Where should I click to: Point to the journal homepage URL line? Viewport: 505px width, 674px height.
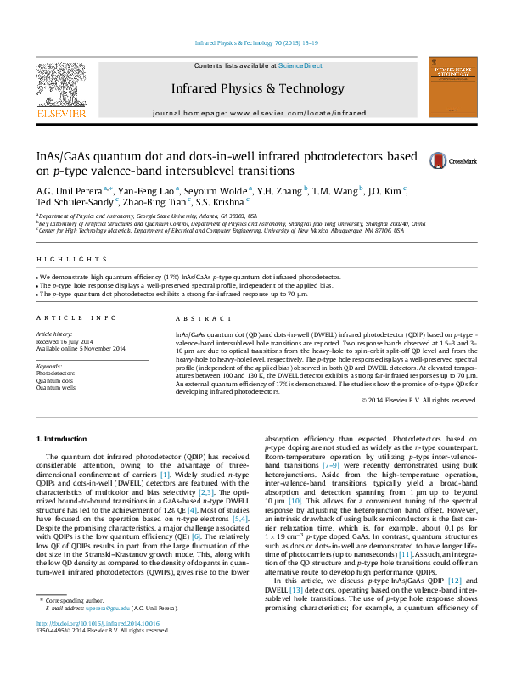click(271, 113)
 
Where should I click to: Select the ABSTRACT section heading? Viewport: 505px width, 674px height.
click(197, 317)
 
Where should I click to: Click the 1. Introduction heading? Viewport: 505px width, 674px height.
click(64, 439)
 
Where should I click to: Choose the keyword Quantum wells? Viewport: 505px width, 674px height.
click(55, 388)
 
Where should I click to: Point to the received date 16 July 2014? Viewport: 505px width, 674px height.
click(69, 342)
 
